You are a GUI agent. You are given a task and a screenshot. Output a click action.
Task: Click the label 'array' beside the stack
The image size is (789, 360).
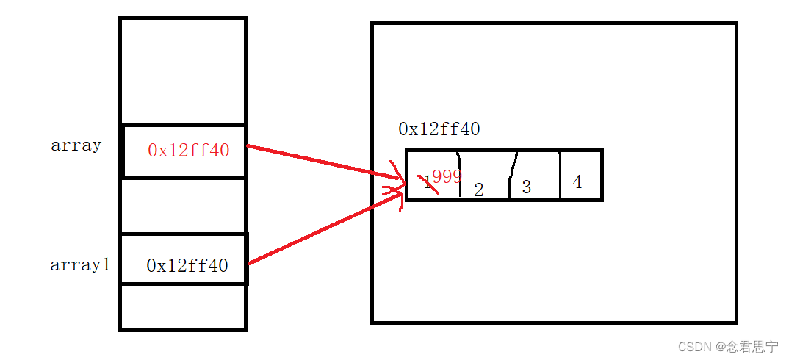point(76,145)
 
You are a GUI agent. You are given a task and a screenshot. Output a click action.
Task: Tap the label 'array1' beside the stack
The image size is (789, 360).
point(80,265)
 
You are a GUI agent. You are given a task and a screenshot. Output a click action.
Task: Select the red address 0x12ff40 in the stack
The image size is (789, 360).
point(188,151)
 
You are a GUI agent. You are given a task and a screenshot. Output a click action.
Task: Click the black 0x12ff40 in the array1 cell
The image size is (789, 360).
point(187,266)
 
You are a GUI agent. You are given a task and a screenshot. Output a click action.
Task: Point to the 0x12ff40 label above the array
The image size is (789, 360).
point(439,130)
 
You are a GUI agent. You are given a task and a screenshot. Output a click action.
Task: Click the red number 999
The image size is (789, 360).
point(446,176)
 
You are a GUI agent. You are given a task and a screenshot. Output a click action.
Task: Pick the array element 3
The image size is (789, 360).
point(526,187)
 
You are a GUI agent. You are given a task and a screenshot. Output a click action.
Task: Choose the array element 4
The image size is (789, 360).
point(577,182)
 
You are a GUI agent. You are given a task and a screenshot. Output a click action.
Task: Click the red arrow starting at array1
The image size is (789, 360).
point(323,227)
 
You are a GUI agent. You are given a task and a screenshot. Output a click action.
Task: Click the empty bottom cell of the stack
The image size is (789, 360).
point(182,307)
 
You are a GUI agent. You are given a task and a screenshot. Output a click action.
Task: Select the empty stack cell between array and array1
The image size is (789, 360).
point(182,206)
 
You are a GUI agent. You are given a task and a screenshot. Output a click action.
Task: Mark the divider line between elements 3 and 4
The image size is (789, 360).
point(560,175)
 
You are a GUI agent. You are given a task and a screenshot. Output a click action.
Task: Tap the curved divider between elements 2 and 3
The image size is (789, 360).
point(512,175)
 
